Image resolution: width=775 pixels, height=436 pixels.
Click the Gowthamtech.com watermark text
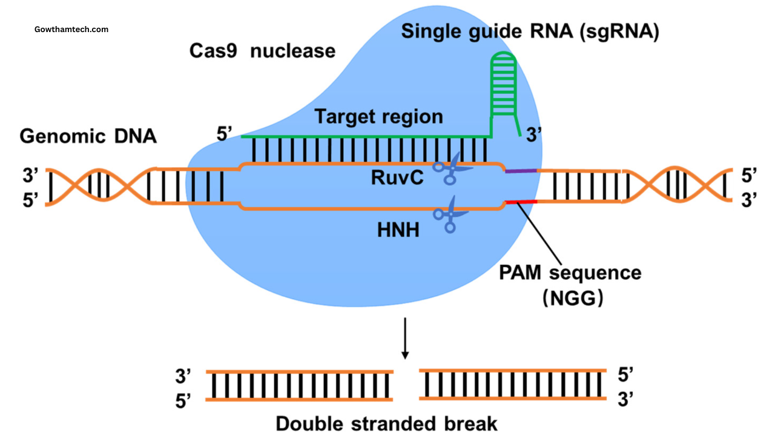tap(71, 29)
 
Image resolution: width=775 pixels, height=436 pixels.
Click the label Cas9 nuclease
tap(262, 50)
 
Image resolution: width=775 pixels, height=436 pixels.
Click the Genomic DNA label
tap(88, 136)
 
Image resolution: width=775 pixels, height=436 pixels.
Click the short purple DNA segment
tap(521, 171)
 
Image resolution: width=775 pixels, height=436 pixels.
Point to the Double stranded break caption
tap(386, 423)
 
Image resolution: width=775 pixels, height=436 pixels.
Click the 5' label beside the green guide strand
tap(225, 135)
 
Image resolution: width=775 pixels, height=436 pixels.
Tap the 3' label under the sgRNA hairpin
tap(533, 136)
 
